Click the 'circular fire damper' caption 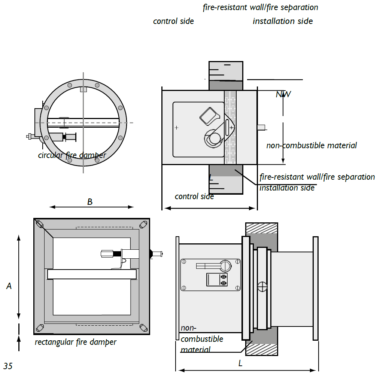72,155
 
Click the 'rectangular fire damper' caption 75,342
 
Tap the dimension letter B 90,202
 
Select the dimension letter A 9,286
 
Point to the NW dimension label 283,94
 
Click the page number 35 8,366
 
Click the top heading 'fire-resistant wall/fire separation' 260,7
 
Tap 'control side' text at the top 173,21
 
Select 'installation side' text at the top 283,21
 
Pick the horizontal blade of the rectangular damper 92,274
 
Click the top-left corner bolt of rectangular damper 40,224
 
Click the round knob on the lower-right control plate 226,265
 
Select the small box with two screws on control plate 217,280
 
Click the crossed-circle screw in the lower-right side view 263,287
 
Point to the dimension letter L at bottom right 240,363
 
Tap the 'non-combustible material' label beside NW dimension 311,145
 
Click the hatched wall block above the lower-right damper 261,228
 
